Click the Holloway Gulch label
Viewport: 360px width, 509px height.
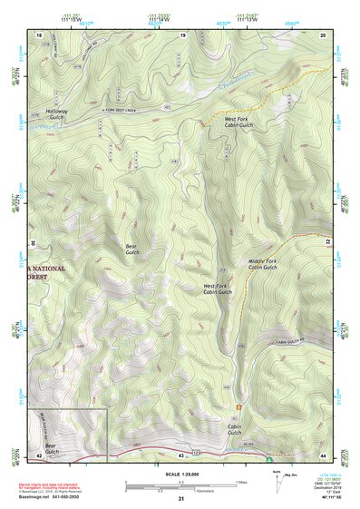coord(56,115)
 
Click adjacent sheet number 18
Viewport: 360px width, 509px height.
coord(39,34)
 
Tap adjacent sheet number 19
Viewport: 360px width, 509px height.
coord(182,34)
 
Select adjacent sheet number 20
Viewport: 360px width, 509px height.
coord(323,34)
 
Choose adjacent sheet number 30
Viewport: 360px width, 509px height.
coord(32,243)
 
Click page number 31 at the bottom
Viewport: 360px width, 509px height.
coord(181,499)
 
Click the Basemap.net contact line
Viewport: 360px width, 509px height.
coord(56,497)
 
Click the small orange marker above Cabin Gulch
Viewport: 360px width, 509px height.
coord(238,406)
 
